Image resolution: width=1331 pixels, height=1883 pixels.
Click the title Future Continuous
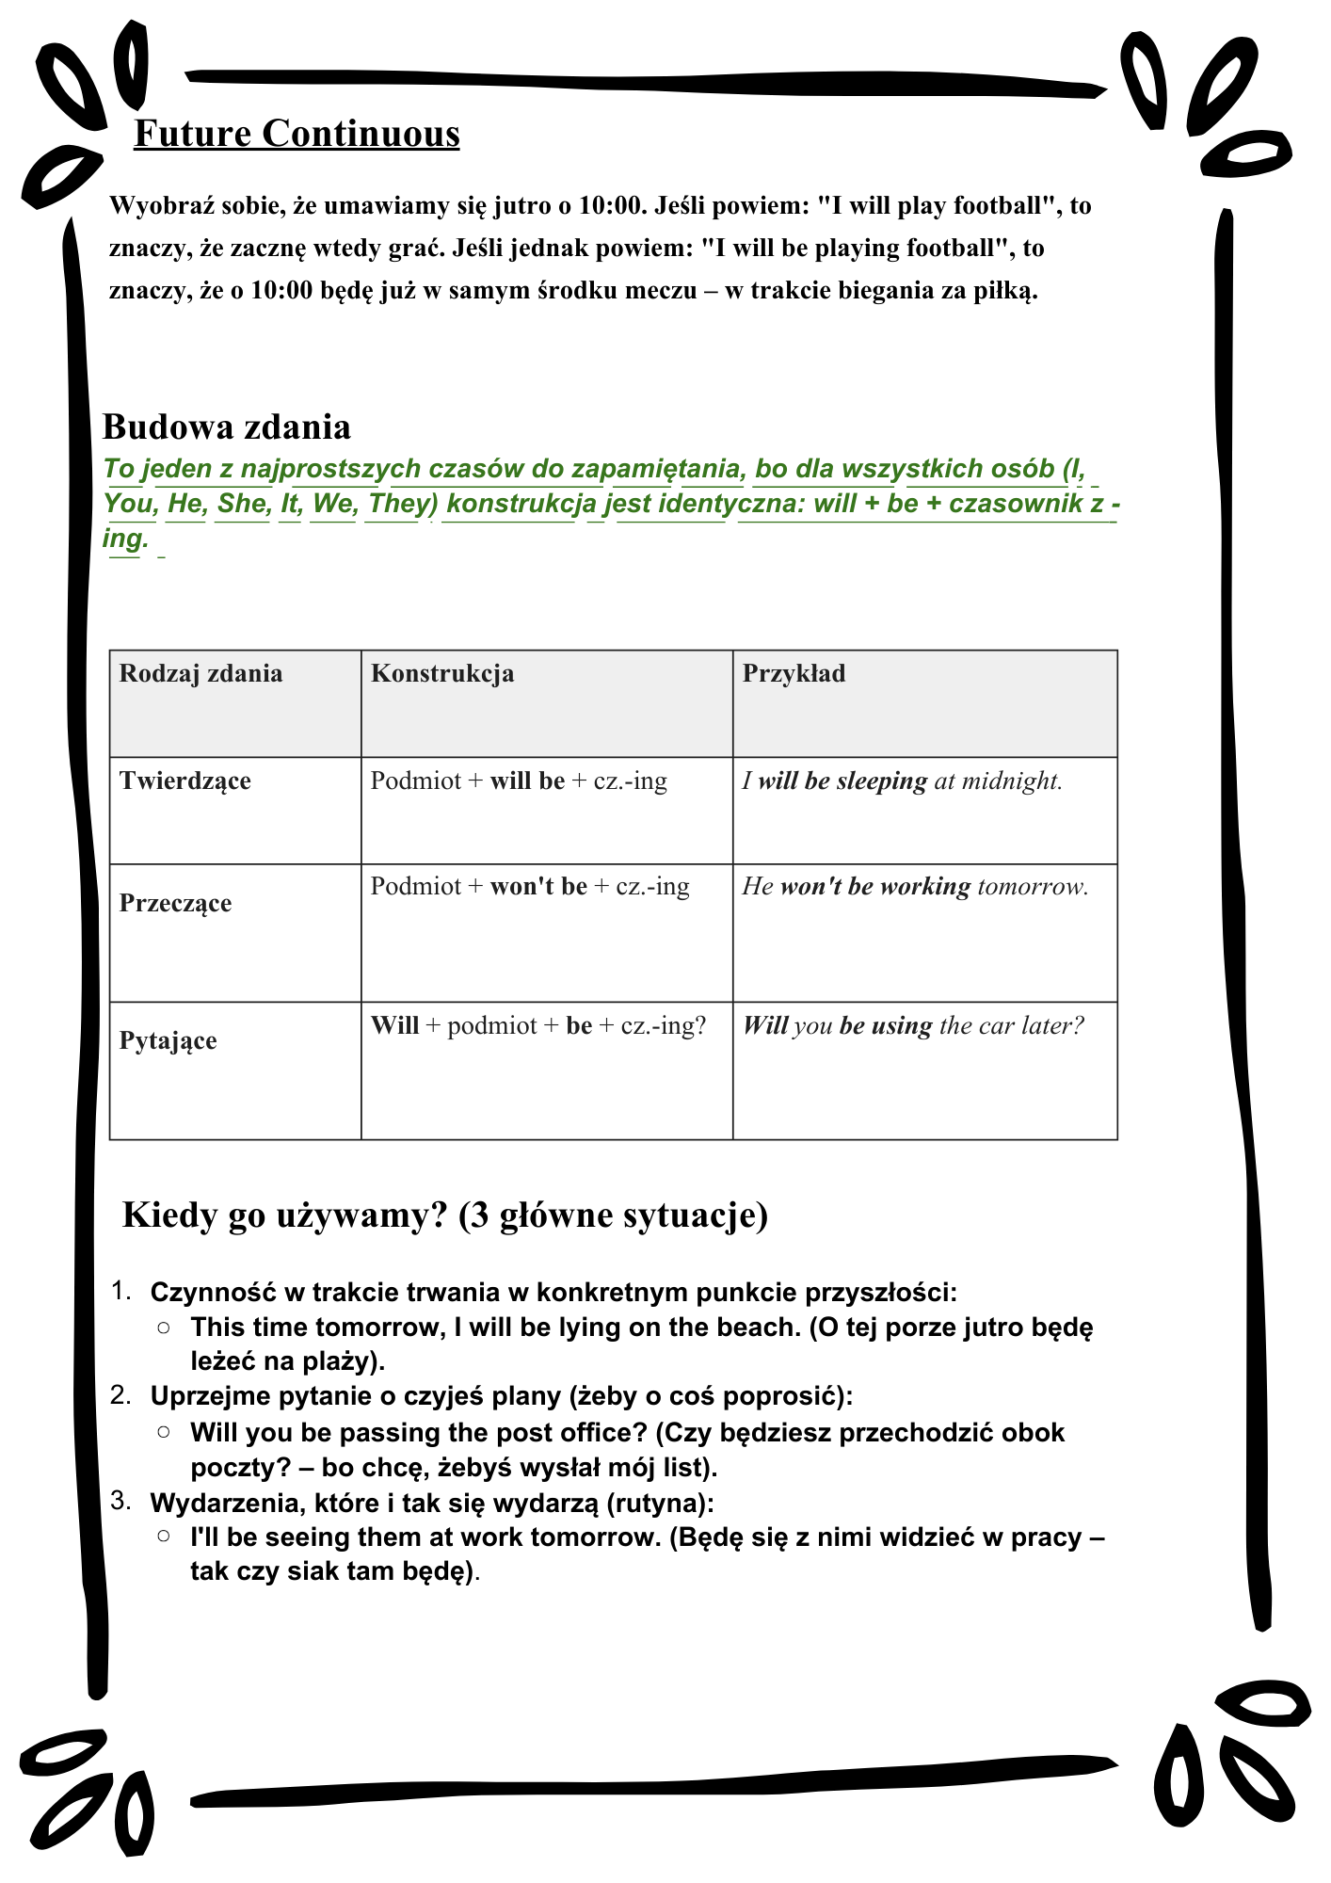pos(297,133)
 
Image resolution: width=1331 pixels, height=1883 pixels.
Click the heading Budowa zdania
pos(226,426)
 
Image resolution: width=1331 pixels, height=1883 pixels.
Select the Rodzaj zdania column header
pos(200,673)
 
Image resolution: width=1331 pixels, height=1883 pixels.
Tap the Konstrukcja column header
pos(442,673)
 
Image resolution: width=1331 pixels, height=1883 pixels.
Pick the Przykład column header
pos(794,673)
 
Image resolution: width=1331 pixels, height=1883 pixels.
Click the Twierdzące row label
pos(185,781)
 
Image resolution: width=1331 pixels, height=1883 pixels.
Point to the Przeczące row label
pos(175,903)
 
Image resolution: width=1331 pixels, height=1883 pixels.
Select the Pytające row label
pos(168,1040)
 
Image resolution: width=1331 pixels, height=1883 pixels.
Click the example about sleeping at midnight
pos(902,781)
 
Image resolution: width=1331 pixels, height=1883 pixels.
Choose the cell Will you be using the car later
pos(913,1025)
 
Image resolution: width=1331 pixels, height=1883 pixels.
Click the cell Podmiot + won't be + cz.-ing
pos(529,886)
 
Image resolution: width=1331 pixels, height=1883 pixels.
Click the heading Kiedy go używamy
pos(444,1215)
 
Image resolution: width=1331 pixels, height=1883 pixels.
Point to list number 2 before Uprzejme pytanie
pos(120,1394)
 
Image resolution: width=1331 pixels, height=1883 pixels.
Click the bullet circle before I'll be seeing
pos(164,1536)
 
